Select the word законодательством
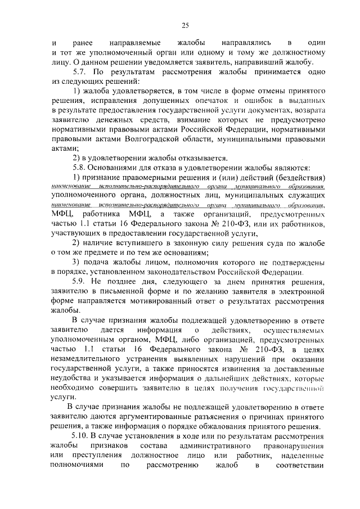(x=192, y=271)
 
